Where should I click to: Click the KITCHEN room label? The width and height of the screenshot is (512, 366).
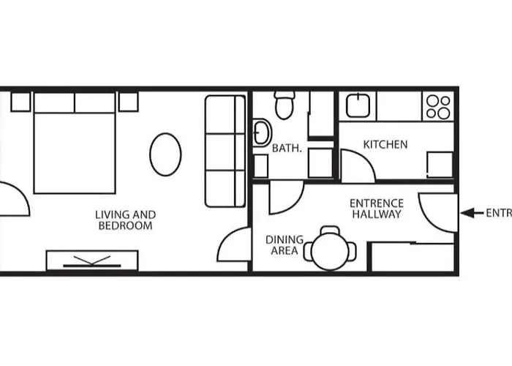385,144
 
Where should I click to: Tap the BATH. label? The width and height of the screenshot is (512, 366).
287,148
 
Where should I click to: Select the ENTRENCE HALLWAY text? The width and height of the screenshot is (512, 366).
377,209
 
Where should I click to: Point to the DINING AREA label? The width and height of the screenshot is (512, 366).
282,245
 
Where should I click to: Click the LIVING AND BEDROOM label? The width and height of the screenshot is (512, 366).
126,220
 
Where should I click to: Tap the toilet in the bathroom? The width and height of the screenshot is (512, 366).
285,105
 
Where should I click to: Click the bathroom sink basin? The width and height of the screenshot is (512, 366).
261,133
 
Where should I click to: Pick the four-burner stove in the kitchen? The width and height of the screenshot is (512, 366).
438,106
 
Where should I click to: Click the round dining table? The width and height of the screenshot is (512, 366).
331,252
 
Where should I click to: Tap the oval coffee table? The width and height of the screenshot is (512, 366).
165,154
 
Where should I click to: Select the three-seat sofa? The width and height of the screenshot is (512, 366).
225,151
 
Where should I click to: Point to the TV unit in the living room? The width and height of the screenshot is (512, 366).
92,260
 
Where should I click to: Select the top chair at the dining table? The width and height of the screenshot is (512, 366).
331,231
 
